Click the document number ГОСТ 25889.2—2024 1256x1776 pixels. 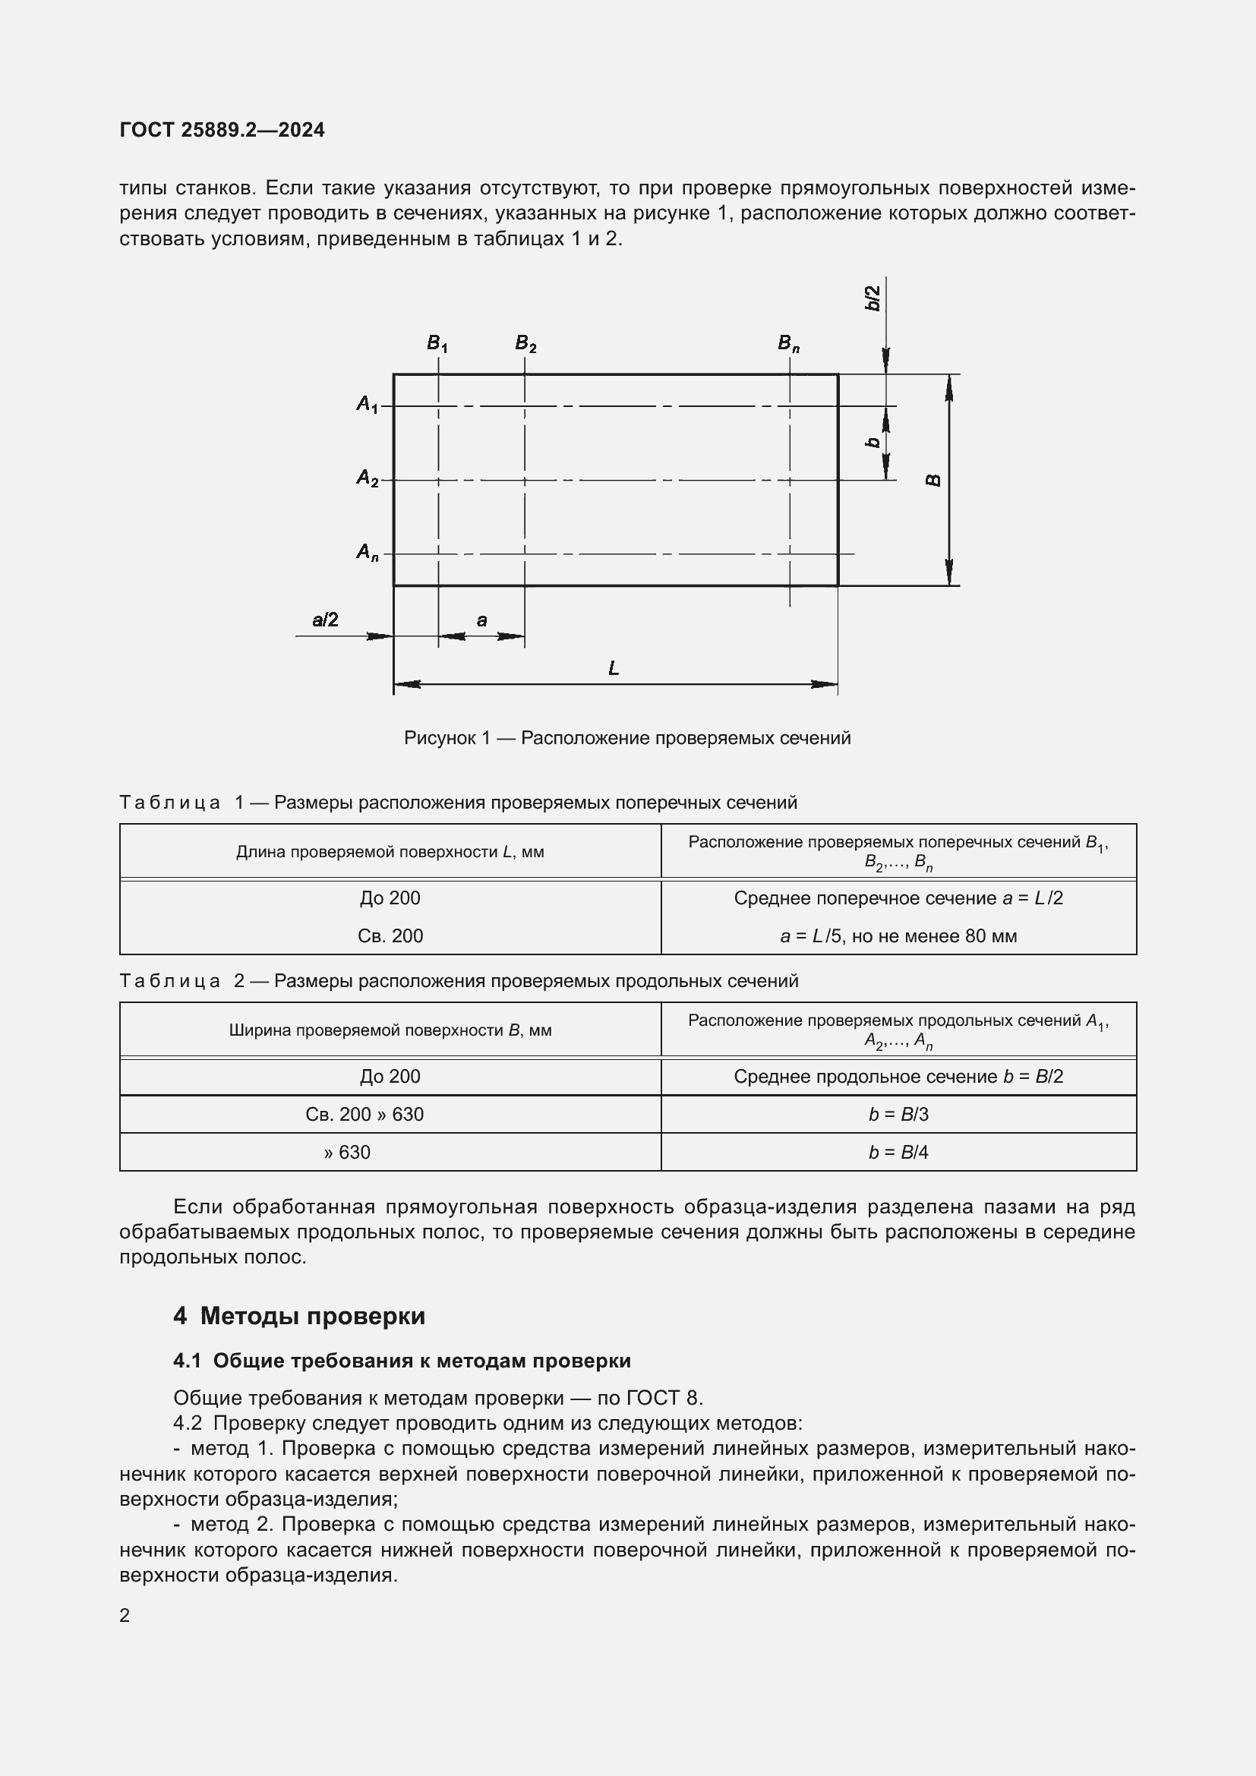(x=222, y=130)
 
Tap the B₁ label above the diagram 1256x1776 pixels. (x=437, y=343)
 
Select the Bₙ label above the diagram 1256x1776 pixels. (x=788, y=343)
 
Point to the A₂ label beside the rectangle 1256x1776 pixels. (x=368, y=479)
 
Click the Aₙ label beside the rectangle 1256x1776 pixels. (x=368, y=552)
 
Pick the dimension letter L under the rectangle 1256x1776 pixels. (x=614, y=668)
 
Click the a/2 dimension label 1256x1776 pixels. (x=325, y=620)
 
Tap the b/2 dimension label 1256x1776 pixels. (x=873, y=298)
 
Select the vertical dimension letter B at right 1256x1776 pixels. (x=933, y=481)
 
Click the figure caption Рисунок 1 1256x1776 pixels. (x=627, y=738)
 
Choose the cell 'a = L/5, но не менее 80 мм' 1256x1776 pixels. (x=898, y=936)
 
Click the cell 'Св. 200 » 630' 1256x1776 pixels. (x=364, y=1114)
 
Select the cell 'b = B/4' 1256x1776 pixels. (x=898, y=1152)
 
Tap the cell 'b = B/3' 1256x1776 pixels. (x=898, y=1114)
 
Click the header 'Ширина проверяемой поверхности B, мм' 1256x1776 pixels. (x=390, y=1030)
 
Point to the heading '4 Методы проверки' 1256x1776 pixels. (x=299, y=1316)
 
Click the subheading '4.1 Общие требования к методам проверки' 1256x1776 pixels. (x=402, y=1361)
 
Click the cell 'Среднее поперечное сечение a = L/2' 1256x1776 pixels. (x=898, y=898)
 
